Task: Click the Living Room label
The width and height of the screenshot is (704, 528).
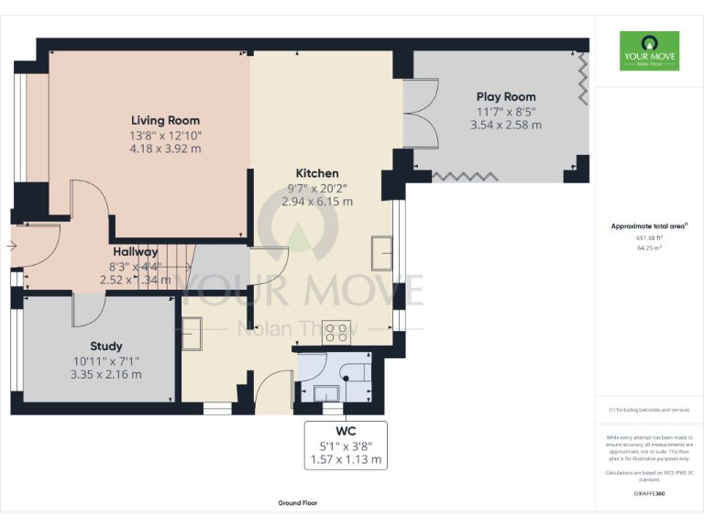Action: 165,120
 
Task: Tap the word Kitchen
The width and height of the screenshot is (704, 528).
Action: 317,173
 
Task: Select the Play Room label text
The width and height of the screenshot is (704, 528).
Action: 506,96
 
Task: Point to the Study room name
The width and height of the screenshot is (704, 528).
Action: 106,346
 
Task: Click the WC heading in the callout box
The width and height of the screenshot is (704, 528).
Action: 346,431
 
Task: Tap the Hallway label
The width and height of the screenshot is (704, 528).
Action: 136,251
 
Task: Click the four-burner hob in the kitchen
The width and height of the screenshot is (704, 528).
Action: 336,332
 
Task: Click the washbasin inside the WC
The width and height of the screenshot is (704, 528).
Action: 326,392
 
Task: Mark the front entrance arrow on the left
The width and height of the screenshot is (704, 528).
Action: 11,246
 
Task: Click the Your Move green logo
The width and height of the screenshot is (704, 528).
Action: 649,51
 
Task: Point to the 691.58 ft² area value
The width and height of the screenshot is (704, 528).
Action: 649,237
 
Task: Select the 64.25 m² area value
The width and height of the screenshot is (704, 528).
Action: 649,247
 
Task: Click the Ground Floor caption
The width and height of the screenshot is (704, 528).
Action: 298,503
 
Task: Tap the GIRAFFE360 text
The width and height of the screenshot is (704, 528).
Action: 649,494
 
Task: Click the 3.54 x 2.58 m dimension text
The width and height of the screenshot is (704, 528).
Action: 506,125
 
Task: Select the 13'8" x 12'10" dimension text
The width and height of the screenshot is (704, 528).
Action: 165,135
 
